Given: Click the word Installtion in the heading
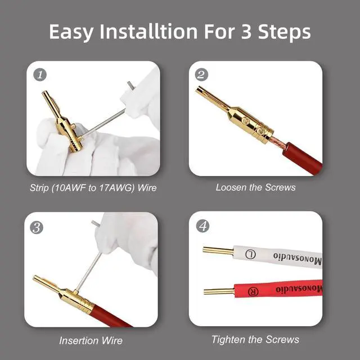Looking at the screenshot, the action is (148, 31).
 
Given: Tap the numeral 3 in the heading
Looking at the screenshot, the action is (246, 31).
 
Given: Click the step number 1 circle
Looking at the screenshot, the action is (40, 75).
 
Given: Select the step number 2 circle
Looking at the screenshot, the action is (201, 75).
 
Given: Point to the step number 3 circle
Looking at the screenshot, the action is (37, 227).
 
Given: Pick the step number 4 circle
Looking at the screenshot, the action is (202, 226).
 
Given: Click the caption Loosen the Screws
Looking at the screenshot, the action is (255, 187).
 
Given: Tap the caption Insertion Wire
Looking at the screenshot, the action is (91, 340).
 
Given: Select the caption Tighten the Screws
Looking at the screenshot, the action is (255, 339).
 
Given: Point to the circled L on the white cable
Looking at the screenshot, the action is (250, 254).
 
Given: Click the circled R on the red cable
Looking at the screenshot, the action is (253, 291).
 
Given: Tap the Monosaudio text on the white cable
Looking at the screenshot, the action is (298, 258).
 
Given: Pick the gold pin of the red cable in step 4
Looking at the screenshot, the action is (219, 291).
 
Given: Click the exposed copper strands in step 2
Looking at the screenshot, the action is (278, 141).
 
